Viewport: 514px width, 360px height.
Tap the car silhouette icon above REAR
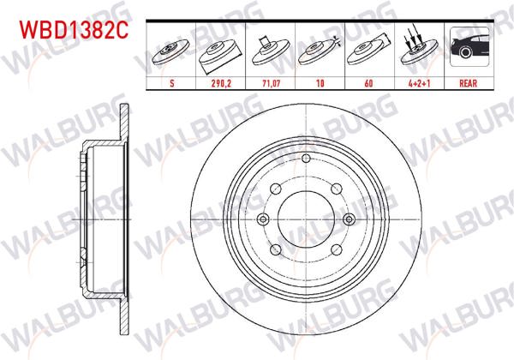(468, 49)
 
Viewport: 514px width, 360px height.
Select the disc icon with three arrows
(417, 50)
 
